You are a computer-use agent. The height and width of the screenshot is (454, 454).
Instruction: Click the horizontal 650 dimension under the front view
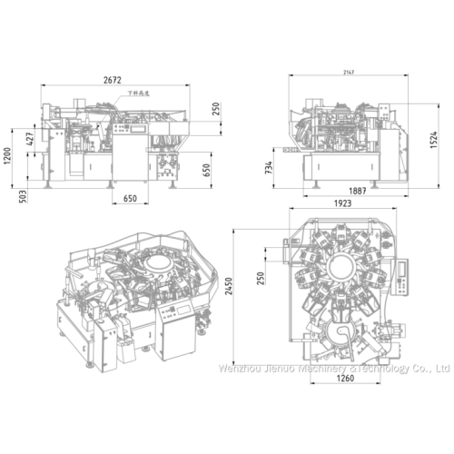130,199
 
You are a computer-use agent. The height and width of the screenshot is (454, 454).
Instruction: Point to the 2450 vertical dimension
241,288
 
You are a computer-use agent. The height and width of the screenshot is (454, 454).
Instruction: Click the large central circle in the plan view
343,269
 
